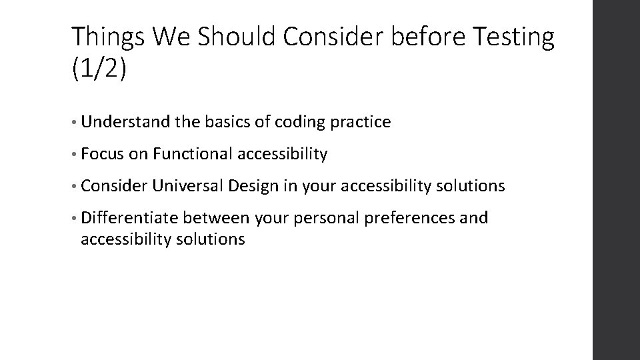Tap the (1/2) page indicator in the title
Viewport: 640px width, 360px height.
coord(97,69)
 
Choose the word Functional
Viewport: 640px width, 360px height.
coord(189,155)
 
